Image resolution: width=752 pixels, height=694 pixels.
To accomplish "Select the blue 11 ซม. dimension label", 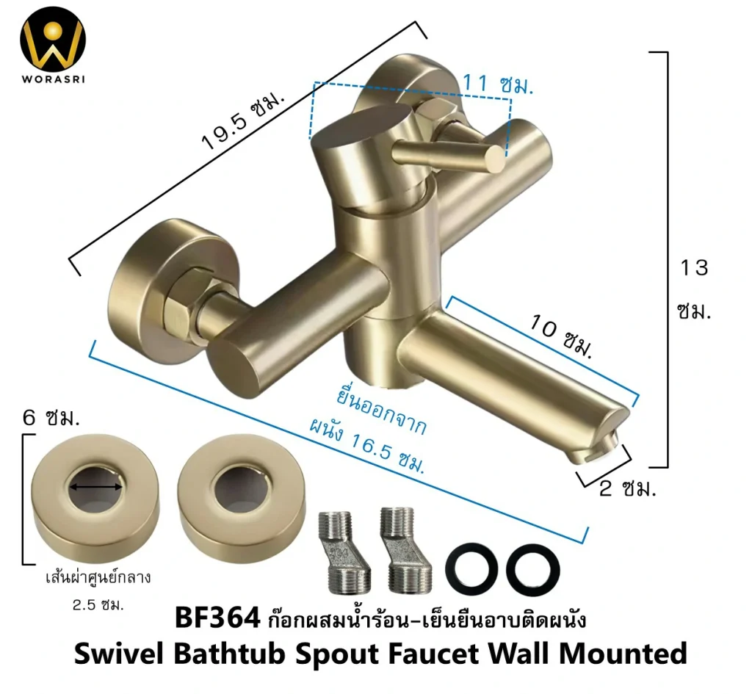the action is point(498,85).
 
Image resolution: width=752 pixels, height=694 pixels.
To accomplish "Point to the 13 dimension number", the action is point(694,267).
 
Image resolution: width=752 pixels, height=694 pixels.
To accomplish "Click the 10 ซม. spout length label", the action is point(561,336).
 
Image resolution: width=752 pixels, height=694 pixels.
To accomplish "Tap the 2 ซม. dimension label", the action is point(627,488).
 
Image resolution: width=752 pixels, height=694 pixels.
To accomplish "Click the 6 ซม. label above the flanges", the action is point(51,418).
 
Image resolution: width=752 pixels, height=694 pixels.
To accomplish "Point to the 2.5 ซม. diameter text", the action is point(98,605).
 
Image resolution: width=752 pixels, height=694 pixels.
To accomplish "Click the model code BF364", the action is point(217,618).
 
